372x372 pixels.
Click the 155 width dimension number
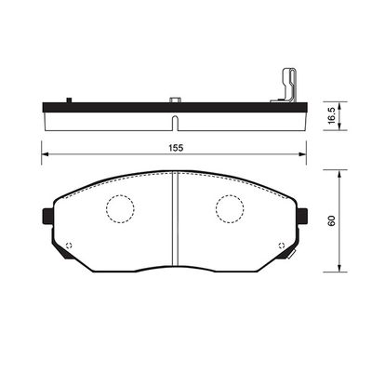coord(176,148)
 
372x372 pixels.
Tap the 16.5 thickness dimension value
coord(331,115)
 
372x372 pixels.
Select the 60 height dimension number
coord(332,220)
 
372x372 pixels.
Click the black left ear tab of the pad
coord(47,216)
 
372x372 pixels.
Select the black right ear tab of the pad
coord(302,216)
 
